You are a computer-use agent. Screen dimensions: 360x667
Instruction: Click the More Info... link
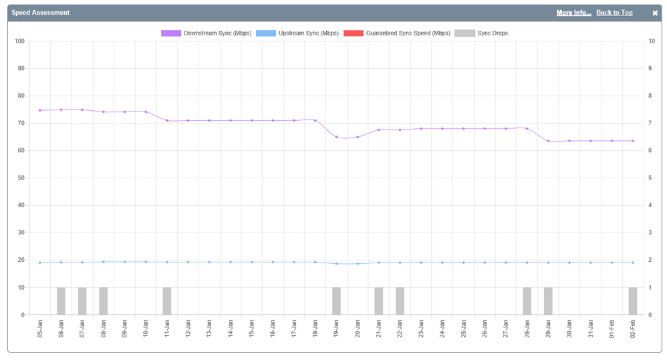573,13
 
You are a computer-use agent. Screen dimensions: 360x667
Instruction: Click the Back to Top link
614,13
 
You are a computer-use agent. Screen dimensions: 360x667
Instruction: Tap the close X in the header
655,13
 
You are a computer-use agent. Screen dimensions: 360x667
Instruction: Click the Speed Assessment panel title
40,13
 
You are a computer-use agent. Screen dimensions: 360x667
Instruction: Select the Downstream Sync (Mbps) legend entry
206,33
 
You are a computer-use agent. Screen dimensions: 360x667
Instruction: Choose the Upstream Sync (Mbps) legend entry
297,33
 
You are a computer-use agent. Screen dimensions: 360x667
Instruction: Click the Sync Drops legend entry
481,33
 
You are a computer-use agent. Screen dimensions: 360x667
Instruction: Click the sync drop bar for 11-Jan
167,301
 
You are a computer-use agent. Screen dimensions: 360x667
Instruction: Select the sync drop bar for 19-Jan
336,301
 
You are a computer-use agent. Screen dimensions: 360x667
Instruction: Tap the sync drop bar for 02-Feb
633,301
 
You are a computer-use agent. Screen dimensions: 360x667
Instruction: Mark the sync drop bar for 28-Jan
527,301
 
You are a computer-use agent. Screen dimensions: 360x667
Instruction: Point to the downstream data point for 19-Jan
336,137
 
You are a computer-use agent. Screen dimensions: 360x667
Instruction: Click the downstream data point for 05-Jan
40,110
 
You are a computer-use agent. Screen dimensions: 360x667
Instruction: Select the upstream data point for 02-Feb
633,262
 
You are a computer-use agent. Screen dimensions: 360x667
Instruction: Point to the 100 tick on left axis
19,41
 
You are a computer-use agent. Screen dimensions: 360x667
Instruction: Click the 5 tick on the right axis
652,178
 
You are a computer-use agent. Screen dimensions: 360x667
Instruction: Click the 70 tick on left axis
21,123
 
